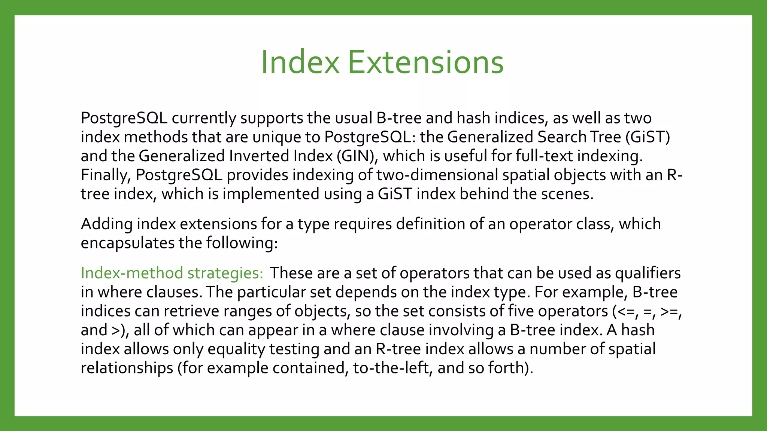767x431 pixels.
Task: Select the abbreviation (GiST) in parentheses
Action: [648, 137]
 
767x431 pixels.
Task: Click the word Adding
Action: [107, 224]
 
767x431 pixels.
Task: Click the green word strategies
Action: [225, 273]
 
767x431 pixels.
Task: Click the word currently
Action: [204, 118]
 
